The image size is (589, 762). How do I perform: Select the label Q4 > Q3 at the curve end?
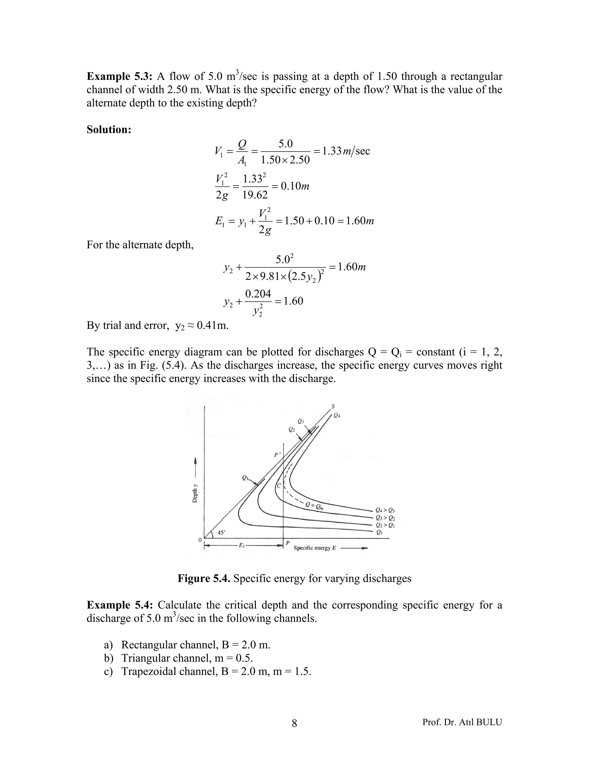click(x=385, y=510)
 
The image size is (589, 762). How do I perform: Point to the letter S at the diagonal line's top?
click(x=333, y=406)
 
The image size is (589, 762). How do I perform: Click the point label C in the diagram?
click(x=279, y=486)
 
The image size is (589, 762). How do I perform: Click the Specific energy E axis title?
click(x=315, y=548)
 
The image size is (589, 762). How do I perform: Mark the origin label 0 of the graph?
click(x=200, y=540)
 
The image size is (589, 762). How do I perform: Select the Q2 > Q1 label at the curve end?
click(x=385, y=525)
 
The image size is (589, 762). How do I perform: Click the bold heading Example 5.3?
click(x=120, y=76)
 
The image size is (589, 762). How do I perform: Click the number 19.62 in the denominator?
click(x=255, y=195)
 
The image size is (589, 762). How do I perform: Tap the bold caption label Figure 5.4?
click(x=203, y=579)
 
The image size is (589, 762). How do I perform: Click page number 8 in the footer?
click(x=294, y=723)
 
